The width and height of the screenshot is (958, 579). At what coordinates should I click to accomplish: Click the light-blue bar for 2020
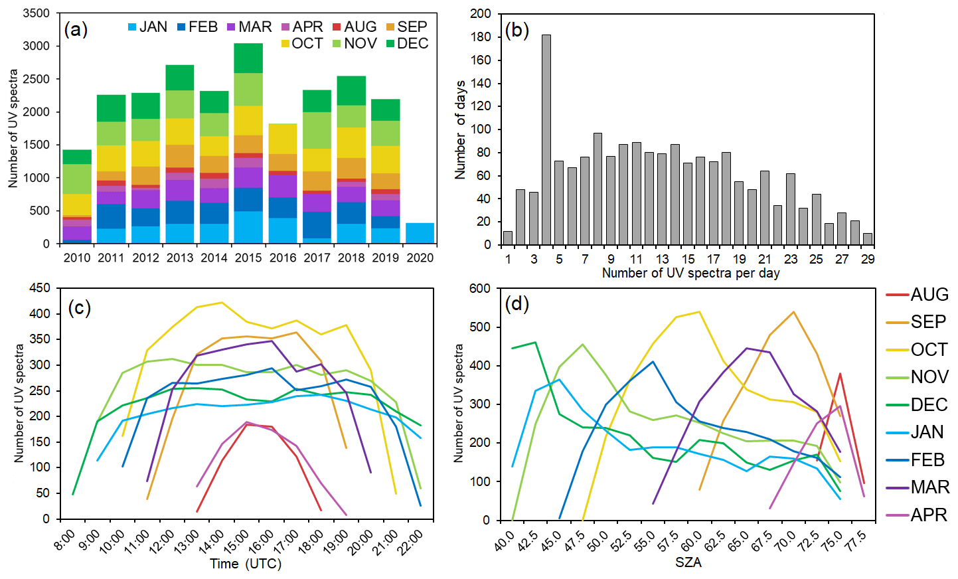[420, 233]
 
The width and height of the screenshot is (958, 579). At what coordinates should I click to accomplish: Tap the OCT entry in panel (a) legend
[301, 44]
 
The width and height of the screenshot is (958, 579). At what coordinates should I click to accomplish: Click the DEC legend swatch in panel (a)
[390, 44]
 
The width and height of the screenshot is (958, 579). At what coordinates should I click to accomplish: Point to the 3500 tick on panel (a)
[37, 13]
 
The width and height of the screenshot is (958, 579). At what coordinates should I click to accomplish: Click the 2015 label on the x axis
[248, 258]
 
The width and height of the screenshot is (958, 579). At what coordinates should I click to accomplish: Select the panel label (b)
[517, 30]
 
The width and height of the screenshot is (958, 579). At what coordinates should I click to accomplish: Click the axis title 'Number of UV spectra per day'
[690, 273]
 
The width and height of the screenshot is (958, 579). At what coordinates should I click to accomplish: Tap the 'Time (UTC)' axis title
[246, 564]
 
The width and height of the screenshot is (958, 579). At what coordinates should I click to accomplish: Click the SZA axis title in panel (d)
[688, 562]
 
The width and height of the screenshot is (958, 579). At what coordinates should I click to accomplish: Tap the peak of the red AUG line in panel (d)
[840, 373]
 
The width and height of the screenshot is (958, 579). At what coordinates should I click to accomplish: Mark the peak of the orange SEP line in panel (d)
[793, 312]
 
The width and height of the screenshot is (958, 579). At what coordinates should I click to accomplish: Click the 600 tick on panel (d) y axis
[479, 288]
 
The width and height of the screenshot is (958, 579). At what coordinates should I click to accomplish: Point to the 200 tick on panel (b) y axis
[481, 13]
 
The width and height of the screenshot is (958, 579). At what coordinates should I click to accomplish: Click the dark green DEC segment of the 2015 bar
[248, 58]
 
